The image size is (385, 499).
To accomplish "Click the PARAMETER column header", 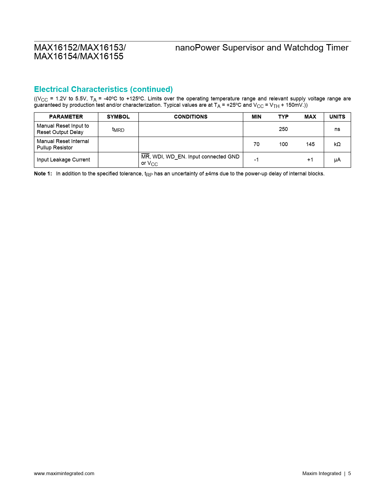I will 66,117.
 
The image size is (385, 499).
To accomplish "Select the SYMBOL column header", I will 118,117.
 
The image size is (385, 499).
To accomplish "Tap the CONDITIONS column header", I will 191,117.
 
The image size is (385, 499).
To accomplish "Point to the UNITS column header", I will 337,117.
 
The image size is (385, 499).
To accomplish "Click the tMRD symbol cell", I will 118,129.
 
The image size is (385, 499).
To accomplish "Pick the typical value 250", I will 283,129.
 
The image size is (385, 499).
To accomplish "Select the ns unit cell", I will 337,129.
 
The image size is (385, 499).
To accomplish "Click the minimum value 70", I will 256,144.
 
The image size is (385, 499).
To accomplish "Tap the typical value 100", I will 283,144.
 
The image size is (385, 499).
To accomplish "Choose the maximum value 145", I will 310,144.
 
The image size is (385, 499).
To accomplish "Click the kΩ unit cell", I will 337,144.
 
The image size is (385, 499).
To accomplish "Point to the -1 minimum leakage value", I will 256,160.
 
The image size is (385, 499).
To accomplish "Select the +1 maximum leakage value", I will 310,160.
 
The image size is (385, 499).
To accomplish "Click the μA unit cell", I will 337,160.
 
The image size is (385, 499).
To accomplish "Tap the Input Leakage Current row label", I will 63,160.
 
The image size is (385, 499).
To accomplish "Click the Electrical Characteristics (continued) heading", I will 103,89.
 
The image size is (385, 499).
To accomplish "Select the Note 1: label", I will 43,174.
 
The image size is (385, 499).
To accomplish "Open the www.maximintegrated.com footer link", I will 64,473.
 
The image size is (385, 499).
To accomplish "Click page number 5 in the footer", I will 349,473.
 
